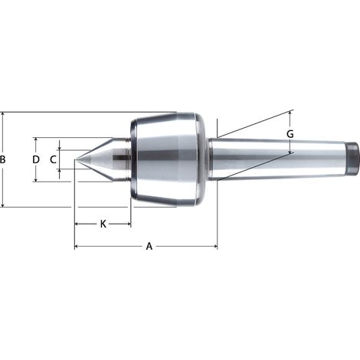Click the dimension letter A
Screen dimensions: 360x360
[x=149, y=247]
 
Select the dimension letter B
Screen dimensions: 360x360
[x=2, y=159]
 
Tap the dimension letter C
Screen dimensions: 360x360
[x=53, y=159]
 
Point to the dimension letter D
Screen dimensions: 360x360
[x=36, y=159]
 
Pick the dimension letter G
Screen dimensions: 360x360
[x=290, y=134]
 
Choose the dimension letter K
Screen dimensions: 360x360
[x=103, y=224]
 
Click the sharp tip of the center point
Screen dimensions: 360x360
[x=75, y=160]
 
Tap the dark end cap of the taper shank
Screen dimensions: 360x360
[x=352, y=159]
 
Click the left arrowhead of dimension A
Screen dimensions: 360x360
[x=76, y=247]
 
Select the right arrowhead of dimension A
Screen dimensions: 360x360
[x=216, y=247]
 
